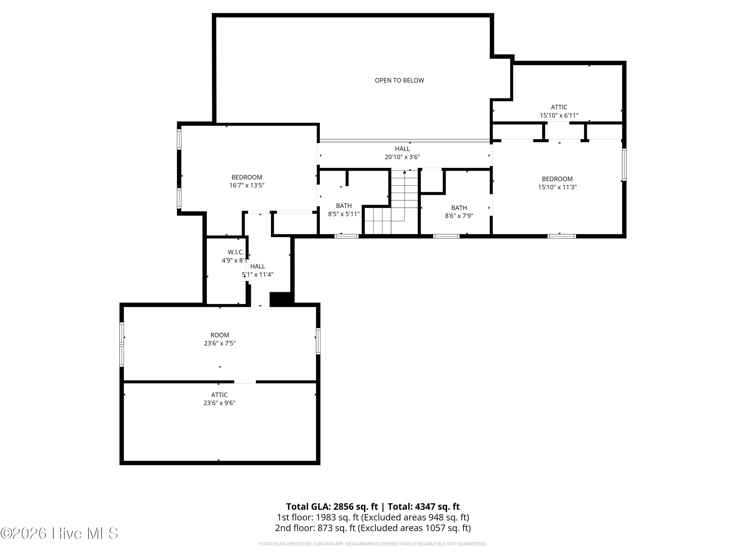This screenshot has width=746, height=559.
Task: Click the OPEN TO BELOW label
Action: (x=399, y=80)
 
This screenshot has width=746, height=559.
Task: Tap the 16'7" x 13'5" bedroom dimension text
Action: (x=247, y=185)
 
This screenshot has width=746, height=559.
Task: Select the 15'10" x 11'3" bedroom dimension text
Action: (x=557, y=187)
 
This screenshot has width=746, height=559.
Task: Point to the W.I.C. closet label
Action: (x=236, y=252)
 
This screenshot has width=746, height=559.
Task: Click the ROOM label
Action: (x=220, y=335)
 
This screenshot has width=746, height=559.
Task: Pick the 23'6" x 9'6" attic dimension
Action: (x=219, y=403)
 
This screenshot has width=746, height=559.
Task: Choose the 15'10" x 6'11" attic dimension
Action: (x=559, y=115)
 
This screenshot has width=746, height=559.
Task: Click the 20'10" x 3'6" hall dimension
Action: (x=402, y=157)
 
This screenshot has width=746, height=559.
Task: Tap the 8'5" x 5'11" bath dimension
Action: (x=344, y=214)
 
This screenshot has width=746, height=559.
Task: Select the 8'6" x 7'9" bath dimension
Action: (x=459, y=216)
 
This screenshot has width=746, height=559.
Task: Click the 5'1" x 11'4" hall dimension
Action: (x=258, y=275)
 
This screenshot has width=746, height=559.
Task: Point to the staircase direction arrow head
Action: (x=404, y=172)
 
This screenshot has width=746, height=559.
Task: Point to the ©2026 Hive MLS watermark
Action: (x=59, y=533)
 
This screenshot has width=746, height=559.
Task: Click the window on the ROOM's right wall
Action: (x=318, y=341)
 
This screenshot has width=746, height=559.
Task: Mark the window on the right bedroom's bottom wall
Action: (x=561, y=236)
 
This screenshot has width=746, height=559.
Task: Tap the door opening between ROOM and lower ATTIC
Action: (x=245, y=382)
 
